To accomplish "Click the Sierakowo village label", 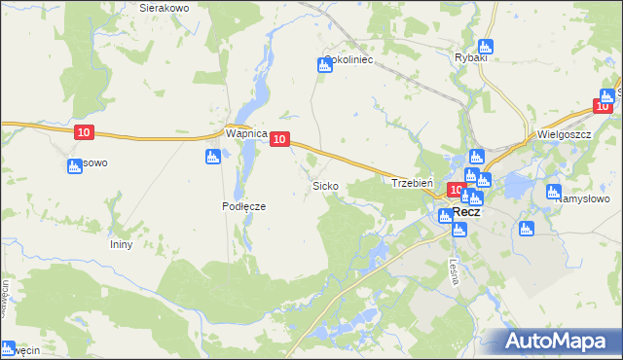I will click(x=163, y=7).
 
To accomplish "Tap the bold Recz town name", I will click(x=465, y=211).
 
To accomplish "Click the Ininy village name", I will click(x=121, y=244).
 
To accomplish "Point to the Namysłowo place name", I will click(x=584, y=198).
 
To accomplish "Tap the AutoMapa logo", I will click(x=561, y=342).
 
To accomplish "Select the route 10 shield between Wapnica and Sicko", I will click(x=279, y=140).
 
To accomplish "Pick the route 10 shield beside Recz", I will click(x=456, y=190).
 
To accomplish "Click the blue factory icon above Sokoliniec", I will click(x=324, y=65).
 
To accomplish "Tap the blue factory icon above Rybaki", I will click(x=487, y=46).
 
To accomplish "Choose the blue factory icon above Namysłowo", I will click(x=554, y=192).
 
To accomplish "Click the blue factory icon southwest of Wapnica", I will click(x=212, y=157).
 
